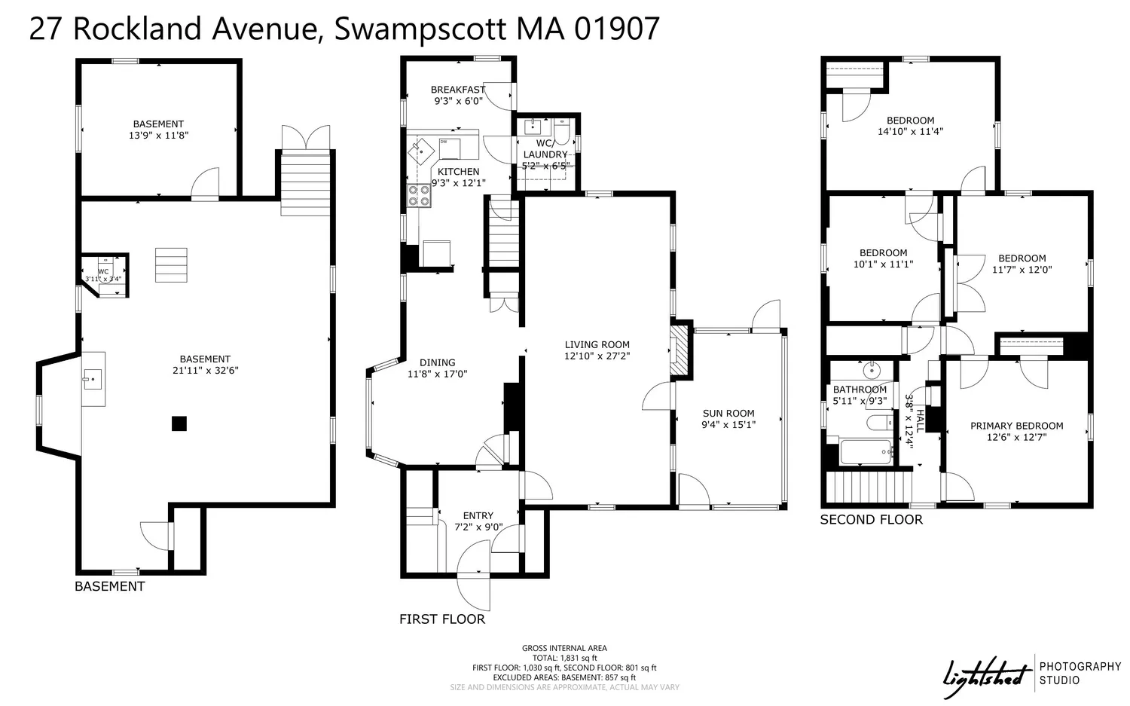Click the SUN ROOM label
click(x=728, y=413)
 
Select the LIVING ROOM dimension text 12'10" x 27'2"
click(x=597, y=356)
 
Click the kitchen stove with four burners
click(x=419, y=196)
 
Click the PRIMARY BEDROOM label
click(x=1016, y=426)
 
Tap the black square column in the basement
click(x=179, y=423)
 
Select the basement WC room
click(x=105, y=274)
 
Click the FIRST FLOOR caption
click(x=442, y=619)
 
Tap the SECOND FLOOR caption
click(x=871, y=520)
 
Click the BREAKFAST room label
click(x=458, y=90)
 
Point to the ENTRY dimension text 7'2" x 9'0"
click(x=478, y=527)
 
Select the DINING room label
click(x=437, y=362)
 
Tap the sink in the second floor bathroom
click(x=872, y=370)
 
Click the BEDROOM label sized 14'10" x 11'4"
click(x=910, y=121)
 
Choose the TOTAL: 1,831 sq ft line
click(x=564, y=658)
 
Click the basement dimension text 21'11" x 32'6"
click(x=205, y=371)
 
